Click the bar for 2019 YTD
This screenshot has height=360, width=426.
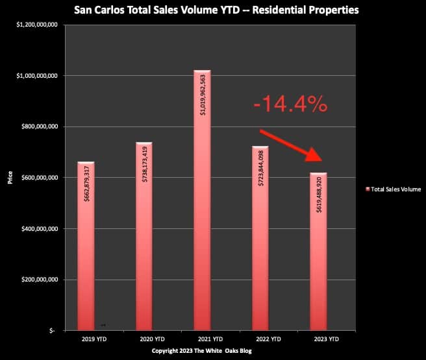[86, 246]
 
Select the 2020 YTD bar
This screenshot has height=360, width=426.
[144, 236]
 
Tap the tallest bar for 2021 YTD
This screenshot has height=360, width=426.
[202, 200]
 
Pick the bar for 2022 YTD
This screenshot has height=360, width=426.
[260, 238]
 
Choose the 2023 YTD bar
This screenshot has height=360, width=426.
[318, 252]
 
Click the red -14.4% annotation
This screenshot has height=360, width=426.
[290, 104]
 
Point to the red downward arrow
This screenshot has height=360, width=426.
[291, 146]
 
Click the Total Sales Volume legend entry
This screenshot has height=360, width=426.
[394, 189]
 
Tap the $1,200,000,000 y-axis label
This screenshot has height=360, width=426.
[37, 25]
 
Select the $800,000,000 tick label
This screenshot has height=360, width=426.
[40, 126]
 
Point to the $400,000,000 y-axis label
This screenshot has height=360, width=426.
[40, 229]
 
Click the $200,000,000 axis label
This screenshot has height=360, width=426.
[40, 280]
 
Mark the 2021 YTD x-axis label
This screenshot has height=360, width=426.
[210, 339]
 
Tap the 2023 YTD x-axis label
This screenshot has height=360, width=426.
[327, 339]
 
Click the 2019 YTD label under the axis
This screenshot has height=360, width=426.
[94, 339]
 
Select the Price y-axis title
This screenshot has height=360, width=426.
[10, 178]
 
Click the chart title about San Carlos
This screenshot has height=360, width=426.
[216, 10]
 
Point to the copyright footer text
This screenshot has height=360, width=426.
[202, 351]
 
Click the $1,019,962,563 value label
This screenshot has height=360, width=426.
[203, 95]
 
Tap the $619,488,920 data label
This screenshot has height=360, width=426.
[319, 195]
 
